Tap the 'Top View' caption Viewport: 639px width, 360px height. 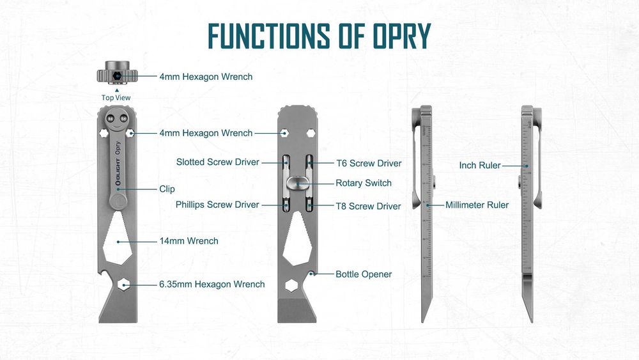coord(116,98)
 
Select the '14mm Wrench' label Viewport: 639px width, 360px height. coord(189,241)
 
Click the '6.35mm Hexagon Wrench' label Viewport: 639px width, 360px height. coord(212,284)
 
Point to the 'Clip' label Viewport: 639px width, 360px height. coord(167,189)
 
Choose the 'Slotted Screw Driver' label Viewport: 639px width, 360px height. coord(218,162)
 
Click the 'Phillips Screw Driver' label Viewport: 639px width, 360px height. coord(217,205)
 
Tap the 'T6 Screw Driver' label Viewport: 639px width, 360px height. coord(369,163)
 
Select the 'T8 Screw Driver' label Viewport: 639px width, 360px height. coord(369,206)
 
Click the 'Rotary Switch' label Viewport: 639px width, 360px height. coord(364,183)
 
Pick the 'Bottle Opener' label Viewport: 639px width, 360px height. coord(364,274)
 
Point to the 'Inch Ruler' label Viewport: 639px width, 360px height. coord(480,166)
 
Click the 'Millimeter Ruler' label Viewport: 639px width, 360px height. coord(477,205)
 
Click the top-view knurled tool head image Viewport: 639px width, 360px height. coord(116,74)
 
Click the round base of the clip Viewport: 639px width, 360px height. coord(117,201)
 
